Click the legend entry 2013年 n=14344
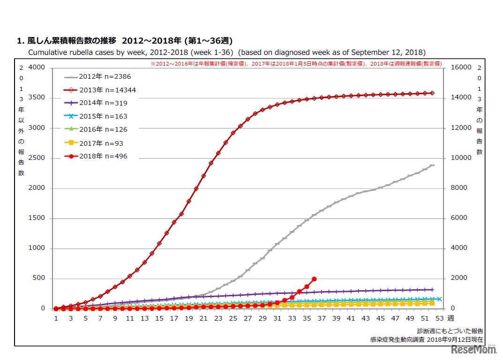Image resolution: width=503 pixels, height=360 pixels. click(x=100, y=90)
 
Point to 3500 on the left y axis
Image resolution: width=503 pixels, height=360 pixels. click(x=37, y=97)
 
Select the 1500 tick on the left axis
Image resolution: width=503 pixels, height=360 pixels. click(x=37, y=218)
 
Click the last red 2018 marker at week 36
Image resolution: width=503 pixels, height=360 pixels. click(x=314, y=279)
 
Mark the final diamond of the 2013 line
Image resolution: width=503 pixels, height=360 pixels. click(x=432, y=93)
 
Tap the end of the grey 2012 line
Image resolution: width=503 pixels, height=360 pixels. click(x=433, y=165)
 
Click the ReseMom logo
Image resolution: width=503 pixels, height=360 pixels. click(x=473, y=350)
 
